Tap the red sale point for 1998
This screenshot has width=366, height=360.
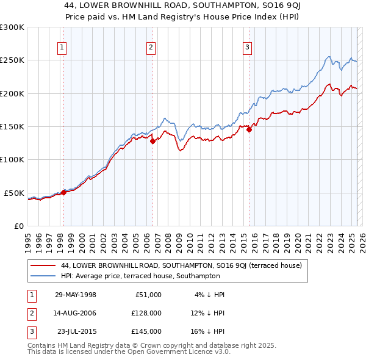click(63, 192)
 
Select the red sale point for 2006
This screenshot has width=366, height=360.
click(152, 141)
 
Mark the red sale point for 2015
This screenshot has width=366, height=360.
click(249, 130)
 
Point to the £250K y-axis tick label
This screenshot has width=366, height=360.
click(12, 60)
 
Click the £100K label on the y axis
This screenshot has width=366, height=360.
click(12, 159)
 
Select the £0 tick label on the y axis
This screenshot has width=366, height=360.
click(18, 226)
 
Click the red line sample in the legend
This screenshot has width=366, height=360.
click(43, 265)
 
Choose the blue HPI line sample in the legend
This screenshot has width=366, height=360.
click(43, 276)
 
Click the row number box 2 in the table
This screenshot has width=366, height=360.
click(30, 313)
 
